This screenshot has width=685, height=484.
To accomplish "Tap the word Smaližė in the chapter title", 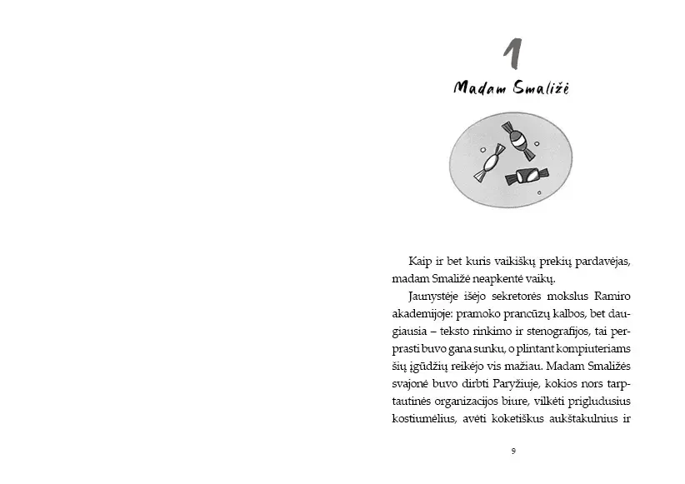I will pyautogui.click(x=537, y=87).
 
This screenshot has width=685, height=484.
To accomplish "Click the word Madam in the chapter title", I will pyautogui.click(x=477, y=87).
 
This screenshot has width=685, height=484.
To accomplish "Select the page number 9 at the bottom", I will pyautogui.click(x=513, y=451).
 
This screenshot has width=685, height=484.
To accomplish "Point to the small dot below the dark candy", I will pyautogui.click(x=539, y=194).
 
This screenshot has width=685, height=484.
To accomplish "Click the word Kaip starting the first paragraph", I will pyautogui.click(x=422, y=262).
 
